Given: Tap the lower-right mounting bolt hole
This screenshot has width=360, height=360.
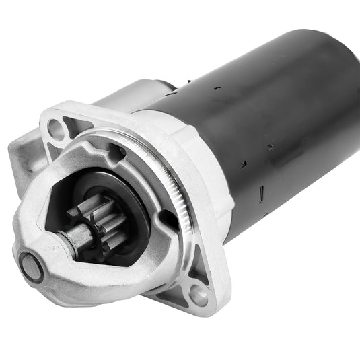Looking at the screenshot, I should point(199,294).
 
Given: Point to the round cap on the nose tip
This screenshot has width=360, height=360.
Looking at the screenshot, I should point(31,267).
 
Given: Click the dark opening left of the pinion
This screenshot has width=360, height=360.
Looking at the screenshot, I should point(61,195).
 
